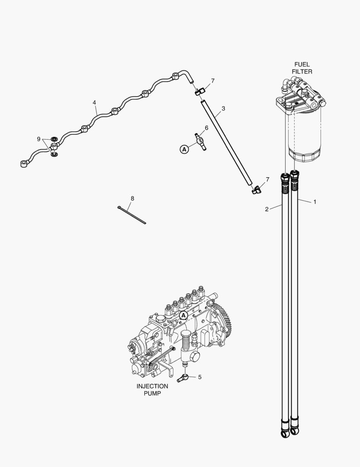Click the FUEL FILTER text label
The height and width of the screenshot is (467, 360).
[302, 68]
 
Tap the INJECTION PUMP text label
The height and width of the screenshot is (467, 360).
[152, 390]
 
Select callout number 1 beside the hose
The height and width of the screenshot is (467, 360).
[315, 202]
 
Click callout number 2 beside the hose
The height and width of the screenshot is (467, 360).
[267, 209]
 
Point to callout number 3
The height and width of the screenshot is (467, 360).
[223, 109]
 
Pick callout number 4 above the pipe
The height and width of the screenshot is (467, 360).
[94, 102]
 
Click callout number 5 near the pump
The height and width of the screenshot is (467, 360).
[199, 377]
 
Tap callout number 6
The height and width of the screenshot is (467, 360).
[206, 128]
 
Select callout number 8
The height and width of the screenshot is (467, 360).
[132, 198]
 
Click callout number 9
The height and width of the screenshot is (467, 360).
[38, 139]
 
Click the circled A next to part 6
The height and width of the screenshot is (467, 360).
[184, 149]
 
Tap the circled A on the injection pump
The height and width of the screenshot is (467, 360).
[183, 315]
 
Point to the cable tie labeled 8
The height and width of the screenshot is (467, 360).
[132, 215]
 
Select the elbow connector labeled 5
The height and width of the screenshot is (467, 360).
[182, 378]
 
